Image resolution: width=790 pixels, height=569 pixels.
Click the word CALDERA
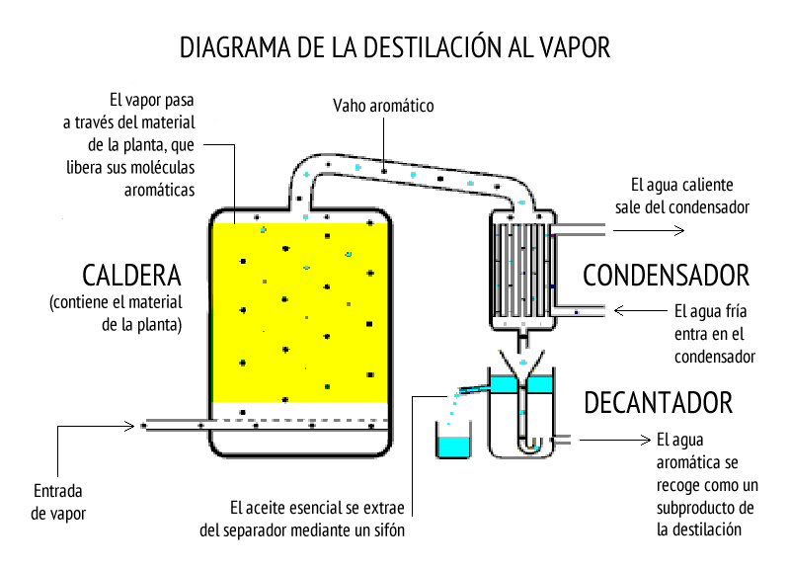tap(131, 276)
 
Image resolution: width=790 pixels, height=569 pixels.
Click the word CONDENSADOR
tap(666, 276)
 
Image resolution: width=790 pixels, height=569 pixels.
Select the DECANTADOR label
tap(659, 403)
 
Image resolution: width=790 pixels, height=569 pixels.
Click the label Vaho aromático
tap(383, 106)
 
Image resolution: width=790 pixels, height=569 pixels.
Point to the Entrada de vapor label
tap(58, 502)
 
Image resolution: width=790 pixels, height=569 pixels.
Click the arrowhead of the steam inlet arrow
tap(130, 427)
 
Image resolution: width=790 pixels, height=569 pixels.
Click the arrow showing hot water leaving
tap(649, 231)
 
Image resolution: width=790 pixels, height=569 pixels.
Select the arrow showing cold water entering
tap(641, 310)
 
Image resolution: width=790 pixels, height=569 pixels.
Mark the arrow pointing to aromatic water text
tap(615, 440)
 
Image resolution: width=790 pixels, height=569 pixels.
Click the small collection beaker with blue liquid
tap(453, 440)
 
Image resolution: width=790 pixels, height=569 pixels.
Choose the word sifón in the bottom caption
tap(389, 530)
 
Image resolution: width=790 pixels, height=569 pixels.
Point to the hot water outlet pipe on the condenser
tap(580, 230)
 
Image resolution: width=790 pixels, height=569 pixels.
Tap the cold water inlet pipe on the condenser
tap(580, 311)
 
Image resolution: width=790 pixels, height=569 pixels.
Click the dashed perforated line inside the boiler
tap(301, 419)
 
